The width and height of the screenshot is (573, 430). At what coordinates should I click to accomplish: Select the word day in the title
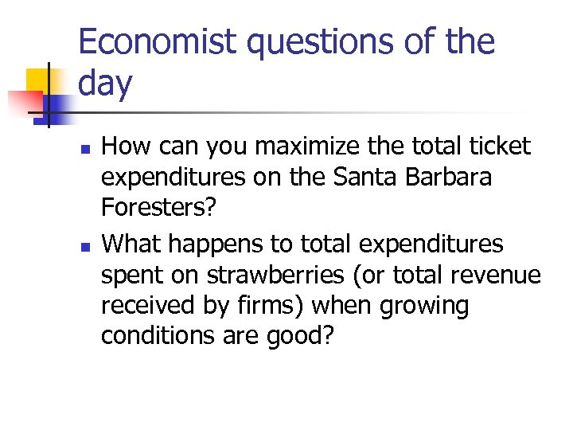(106, 84)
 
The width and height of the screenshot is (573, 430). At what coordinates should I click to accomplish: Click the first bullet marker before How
(86, 148)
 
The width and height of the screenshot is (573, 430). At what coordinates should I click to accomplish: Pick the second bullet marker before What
(86, 244)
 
